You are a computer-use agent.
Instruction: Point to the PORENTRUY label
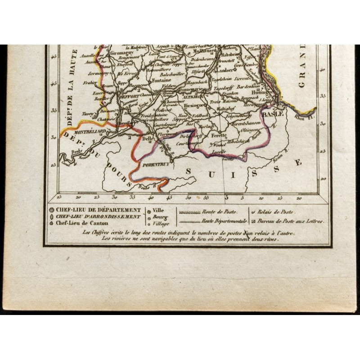155,165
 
